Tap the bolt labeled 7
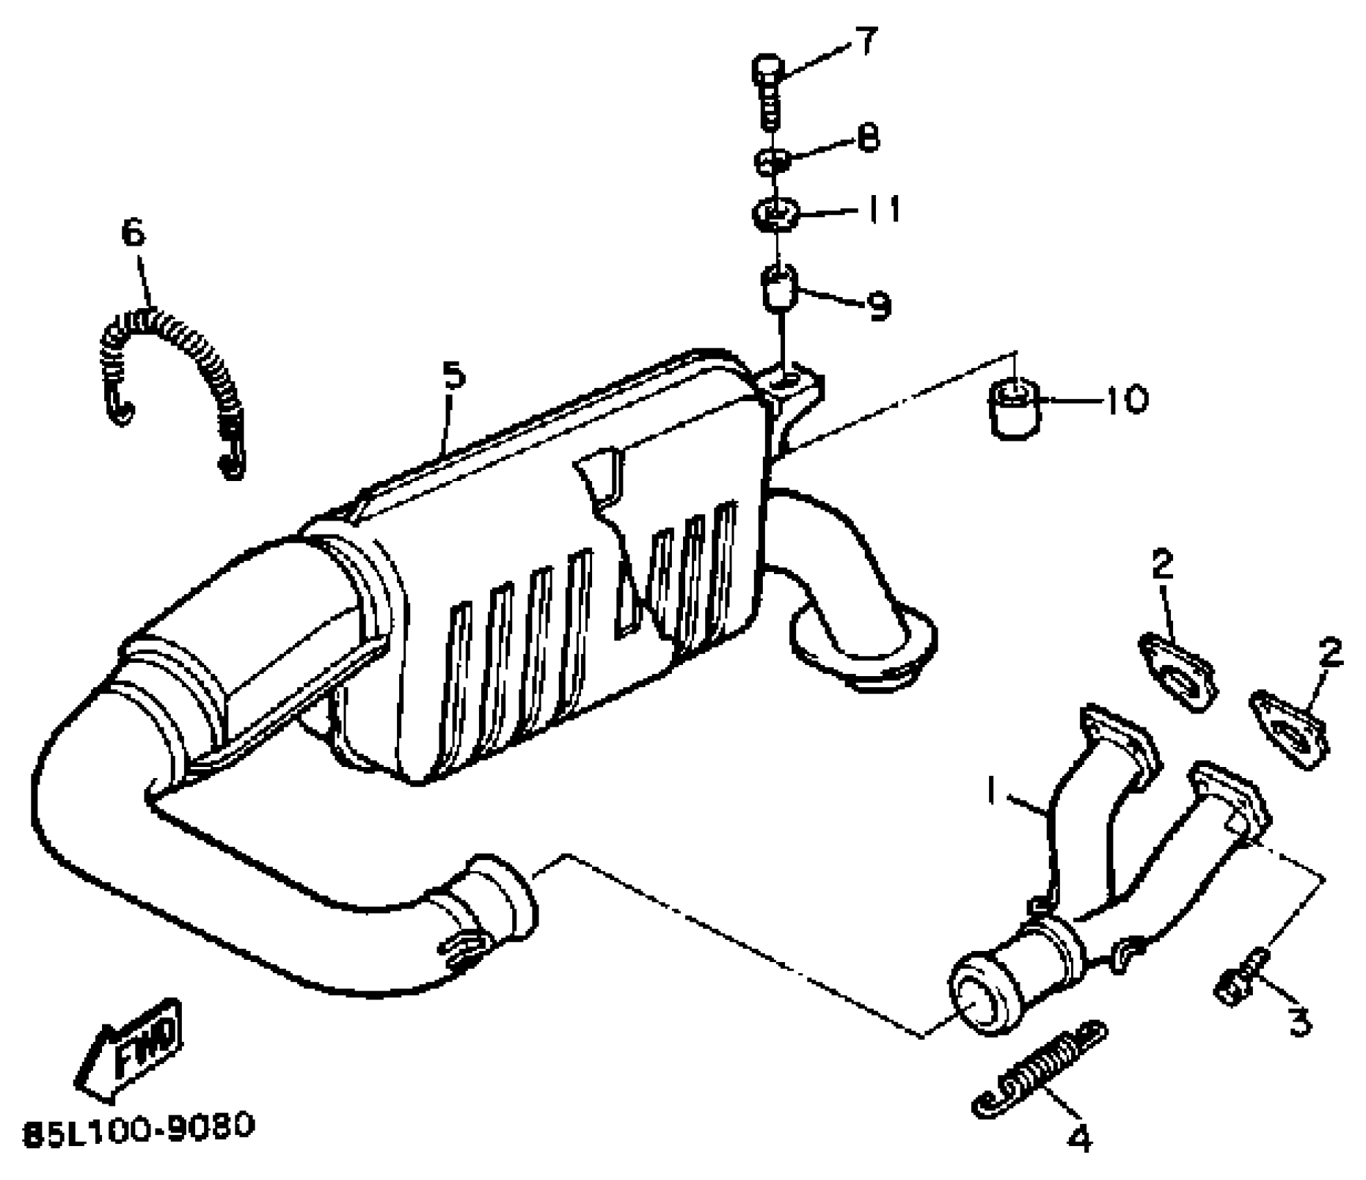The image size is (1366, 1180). pos(769,90)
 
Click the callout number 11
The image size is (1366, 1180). pos(883,209)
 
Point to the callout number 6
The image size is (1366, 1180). pos(133,232)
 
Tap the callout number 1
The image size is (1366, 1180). pos(993,791)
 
